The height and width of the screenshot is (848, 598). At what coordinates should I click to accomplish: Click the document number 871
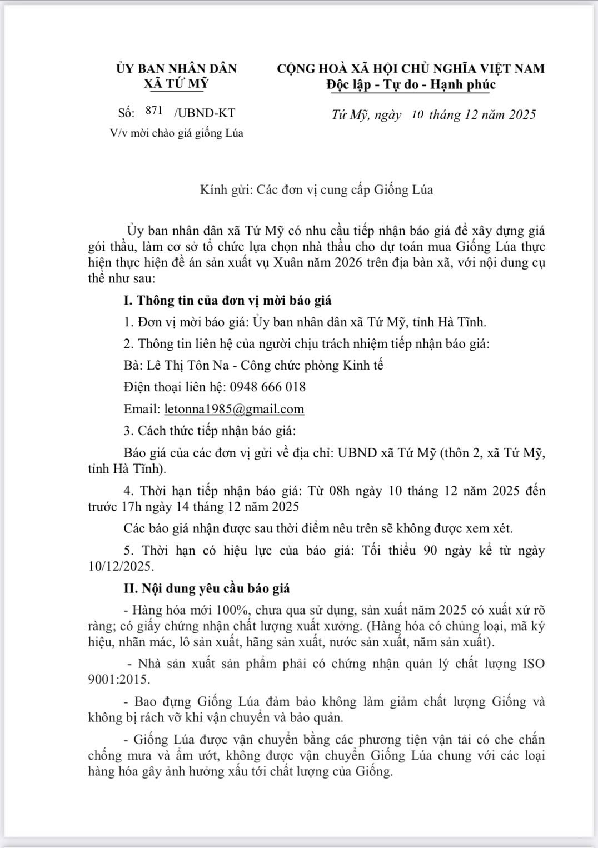coord(153,110)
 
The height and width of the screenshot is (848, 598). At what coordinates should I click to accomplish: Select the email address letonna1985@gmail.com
coord(234,410)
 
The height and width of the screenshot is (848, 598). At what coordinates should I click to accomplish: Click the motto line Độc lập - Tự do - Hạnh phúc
coord(411,84)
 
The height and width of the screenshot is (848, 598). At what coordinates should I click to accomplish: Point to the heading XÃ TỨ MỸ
coord(176,83)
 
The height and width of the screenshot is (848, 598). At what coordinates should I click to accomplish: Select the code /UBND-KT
coord(204,113)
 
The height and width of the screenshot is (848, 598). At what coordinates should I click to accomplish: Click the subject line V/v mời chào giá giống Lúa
coord(177,133)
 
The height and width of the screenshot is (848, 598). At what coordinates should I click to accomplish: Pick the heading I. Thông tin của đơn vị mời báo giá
coord(227,301)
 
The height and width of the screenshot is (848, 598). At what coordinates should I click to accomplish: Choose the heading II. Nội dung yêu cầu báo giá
coord(207,588)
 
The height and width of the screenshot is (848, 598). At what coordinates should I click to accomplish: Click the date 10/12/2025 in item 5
coord(119,567)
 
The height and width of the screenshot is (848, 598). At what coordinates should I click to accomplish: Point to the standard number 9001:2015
coord(118,679)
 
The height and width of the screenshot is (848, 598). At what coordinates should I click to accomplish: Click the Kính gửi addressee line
coord(316,190)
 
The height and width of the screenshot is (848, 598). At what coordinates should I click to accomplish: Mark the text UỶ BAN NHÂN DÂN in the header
coord(176,68)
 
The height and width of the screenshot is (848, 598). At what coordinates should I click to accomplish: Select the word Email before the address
coord(142,410)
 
